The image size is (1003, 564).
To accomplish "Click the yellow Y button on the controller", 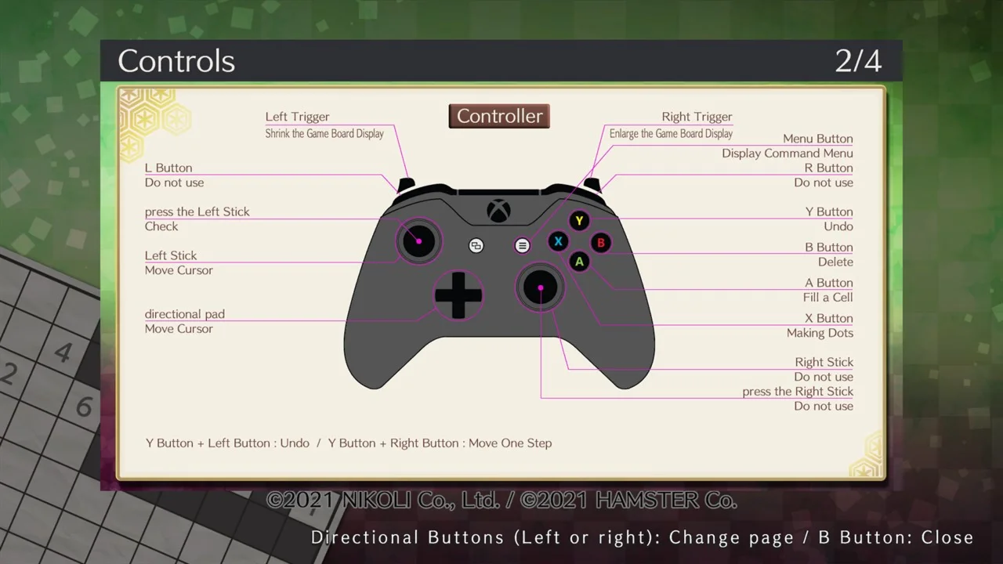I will (579, 221).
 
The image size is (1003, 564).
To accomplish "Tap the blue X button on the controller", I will (558, 242).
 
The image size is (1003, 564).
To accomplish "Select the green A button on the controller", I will (579, 262).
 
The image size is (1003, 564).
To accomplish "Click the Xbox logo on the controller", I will (498, 211).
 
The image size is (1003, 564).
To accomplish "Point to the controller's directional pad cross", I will (458, 295).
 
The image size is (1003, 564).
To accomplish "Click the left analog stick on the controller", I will (418, 241).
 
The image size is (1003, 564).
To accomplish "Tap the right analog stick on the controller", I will (540, 288).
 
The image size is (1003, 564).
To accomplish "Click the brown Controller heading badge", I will (499, 116).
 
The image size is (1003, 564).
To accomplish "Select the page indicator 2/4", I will (857, 61).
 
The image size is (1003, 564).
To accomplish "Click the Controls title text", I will (176, 61).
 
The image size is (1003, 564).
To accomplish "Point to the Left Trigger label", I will (297, 117).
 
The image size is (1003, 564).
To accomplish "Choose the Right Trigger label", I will (697, 117).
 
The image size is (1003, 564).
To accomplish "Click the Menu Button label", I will (817, 139).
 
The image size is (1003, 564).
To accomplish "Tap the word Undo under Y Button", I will (838, 226).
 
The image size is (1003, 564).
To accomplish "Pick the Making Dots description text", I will (820, 333).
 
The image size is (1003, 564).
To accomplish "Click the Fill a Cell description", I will (827, 298).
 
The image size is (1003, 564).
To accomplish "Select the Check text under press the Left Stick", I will (161, 226).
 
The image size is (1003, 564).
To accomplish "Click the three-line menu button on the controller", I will (522, 246).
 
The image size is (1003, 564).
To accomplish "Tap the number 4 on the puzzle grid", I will (63, 352).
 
